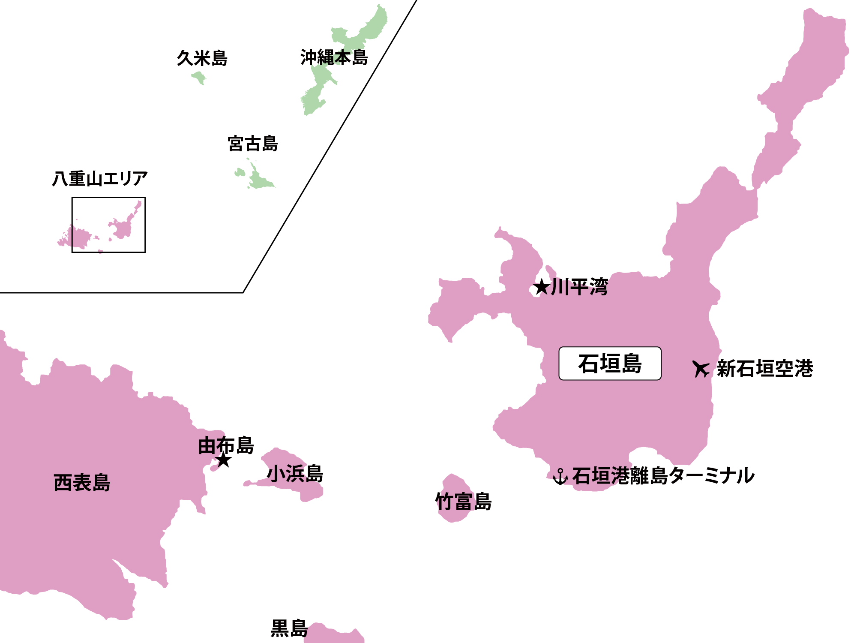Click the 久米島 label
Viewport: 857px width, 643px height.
(x=202, y=58)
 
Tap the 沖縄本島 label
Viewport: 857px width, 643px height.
(x=334, y=57)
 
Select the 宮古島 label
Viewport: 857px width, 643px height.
(x=253, y=144)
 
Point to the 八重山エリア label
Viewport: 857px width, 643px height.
(x=100, y=179)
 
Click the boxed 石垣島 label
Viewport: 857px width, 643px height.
(x=610, y=364)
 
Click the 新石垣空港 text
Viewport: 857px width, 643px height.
(x=765, y=369)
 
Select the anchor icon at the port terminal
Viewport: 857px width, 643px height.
(x=560, y=477)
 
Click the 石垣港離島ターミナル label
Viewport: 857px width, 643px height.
(x=663, y=476)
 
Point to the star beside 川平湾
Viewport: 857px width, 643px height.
(x=542, y=287)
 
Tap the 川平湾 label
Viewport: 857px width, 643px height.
(x=579, y=287)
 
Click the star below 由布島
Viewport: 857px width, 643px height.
(x=224, y=460)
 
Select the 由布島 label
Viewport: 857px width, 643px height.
(x=226, y=445)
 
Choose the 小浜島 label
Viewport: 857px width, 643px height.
(x=295, y=474)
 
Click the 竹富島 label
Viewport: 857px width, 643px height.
(x=463, y=502)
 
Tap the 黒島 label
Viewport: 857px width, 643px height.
(x=289, y=629)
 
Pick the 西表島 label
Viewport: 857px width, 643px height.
(x=82, y=483)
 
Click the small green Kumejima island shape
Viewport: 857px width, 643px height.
(x=199, y=78)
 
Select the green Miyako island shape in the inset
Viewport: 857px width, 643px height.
(x=259, y=180)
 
